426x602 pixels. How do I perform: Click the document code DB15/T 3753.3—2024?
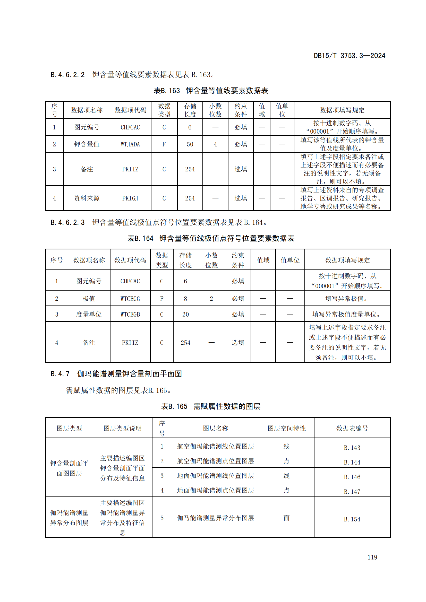[x=349, y=56]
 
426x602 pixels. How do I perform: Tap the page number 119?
[x=372, y=557]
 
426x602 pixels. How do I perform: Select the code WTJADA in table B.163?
[x=130, y=144]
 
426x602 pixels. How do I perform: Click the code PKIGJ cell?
[x=130, y=198]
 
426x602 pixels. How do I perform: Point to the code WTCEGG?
[x=130, y=299]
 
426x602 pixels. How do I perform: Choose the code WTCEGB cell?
[x=130, y=314]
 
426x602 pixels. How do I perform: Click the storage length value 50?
[x=190, y=144]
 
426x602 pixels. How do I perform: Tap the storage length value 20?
[x=185, y=314]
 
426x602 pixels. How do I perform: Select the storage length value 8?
[x=185, y=299]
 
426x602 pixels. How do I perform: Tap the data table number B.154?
[x=352, y=519]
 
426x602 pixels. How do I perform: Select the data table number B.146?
[x=352, y=477]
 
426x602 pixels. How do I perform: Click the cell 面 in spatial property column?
[x=286, y=518]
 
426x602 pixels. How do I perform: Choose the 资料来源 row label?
[x=87, y=198]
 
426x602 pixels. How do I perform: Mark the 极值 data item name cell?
[x=89, y=299]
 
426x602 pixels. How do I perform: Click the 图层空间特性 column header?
[x=286, y=429]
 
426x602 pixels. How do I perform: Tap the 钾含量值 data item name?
[x=87, y=144]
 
